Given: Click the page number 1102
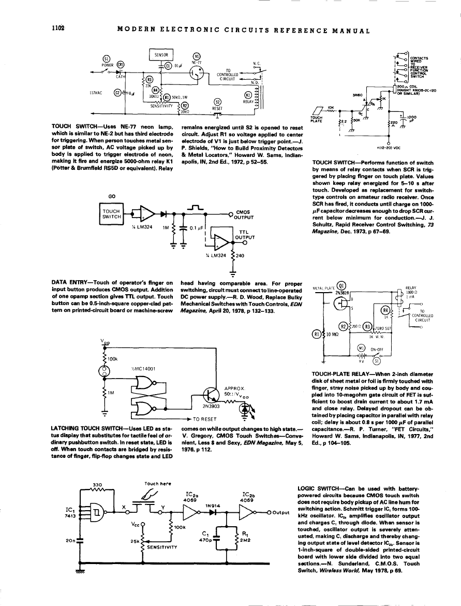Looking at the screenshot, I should coord(57,28).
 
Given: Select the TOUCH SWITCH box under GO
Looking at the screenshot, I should coord(112,214).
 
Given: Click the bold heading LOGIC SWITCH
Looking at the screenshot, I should coord(318,488).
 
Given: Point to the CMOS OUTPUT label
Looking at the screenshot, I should coord(243,214).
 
